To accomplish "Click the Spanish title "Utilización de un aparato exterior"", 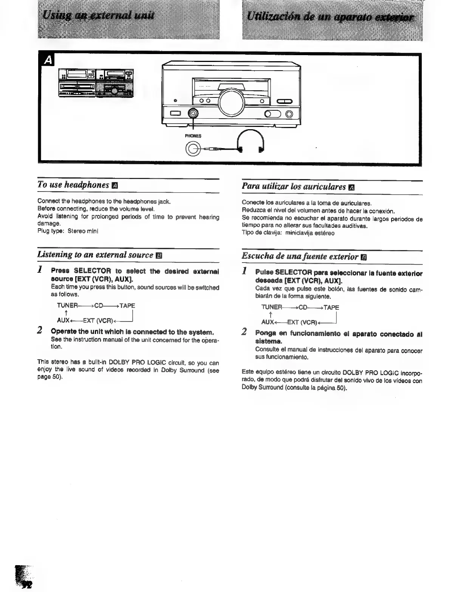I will [x=330, y=17].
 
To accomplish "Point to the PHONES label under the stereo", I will [x=193, y=136].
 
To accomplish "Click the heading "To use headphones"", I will [x=73, y=185].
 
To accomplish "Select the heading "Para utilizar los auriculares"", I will [x=294, y=187].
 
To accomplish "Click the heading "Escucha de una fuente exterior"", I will [x=300, y=257].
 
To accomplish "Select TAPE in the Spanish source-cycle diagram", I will [x=331, y=308].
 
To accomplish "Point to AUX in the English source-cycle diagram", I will [x=63, y=320].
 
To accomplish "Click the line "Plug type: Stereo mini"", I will [x=68, y=231].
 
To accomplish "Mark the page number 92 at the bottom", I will [x=27, y=584].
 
